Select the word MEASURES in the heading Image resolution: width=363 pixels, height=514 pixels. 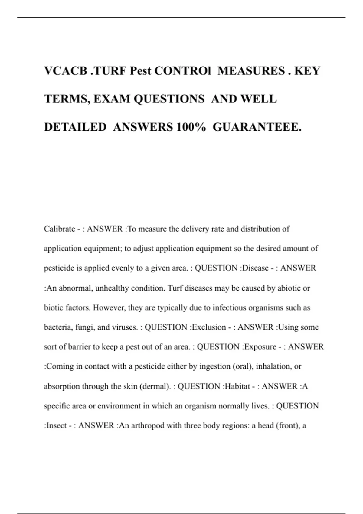pyautogui.click(x=251, y=71)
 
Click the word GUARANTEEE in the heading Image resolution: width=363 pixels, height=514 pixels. pyautogui.click(x=257, y=127)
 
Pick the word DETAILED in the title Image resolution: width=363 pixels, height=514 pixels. pyautogui.click(x=75, y=127)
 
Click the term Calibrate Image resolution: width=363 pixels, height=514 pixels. pyautogui.click(x=59, y=229)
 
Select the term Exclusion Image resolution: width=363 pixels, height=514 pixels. pyautogui.click(x=209, y=327)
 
